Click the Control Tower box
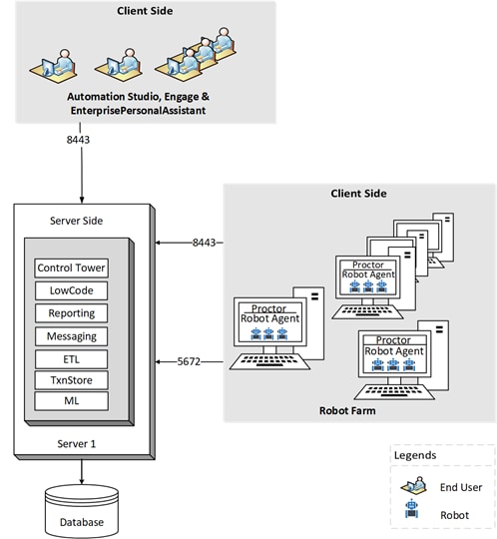coord(72,269)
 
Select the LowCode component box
coord(72,290)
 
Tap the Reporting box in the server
coord(72,313)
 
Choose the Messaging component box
coord(72,336)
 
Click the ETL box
coord(72,359)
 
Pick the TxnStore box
coord(72,380)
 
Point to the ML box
coord(72,401)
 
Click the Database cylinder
coord(82,511)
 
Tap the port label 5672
coord(189,361)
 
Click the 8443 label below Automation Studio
coord(78,140)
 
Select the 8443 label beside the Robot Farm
coord(204,243)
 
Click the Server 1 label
coord(77,444)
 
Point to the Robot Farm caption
coord(347,411)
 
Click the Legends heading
coord(415,455)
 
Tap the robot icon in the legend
coord(412,509)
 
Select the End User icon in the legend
coord(414,486)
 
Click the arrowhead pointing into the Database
coord(82,481)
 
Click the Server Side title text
coord(76,221)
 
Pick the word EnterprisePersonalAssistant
coord(138,111)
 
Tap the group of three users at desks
coord(196,55)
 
